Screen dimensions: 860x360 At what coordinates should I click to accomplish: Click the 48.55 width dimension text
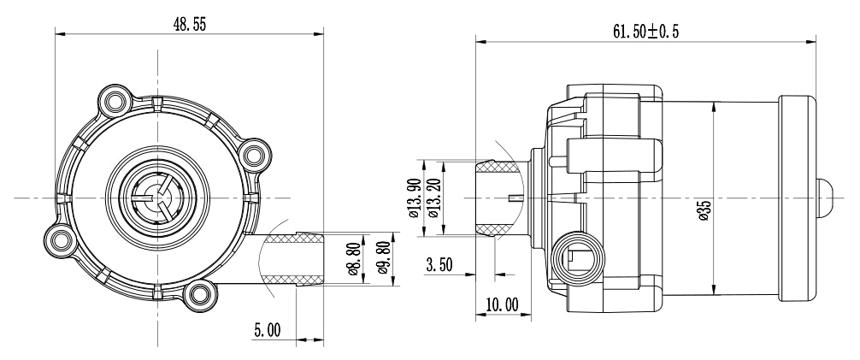click(x=190, y=25)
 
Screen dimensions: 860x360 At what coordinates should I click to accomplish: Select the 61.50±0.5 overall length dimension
click(x=645, y=32)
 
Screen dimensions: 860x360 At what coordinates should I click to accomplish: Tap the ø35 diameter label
click(x=705, y=210)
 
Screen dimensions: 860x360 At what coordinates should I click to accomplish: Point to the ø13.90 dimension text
click(x=415, y=198)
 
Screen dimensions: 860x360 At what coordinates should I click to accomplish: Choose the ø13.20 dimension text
click(x=433, y=198)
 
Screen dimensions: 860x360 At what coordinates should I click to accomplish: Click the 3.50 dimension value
click(x=439, y=265)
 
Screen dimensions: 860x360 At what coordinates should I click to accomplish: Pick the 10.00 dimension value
click(x=502, y=304)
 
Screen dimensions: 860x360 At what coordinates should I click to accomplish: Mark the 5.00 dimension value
click(x=267, y=330)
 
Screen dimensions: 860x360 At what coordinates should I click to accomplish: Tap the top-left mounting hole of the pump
click(x=115, y=101)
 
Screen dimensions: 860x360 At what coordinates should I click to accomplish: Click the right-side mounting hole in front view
click(x=255, y=155)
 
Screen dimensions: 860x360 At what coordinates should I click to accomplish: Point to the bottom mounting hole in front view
click(x=200, y=295)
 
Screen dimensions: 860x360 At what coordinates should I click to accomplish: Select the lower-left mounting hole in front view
click(x=61, y=239)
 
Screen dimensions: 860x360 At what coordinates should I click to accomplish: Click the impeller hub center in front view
click(x=158, y=197)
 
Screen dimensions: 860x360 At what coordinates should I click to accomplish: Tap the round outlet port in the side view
click(x=577, y=258)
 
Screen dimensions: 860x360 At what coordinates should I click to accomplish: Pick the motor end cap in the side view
click(x=798, y=198)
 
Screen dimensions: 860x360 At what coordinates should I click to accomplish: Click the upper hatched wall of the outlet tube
click(x=293, y=238)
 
